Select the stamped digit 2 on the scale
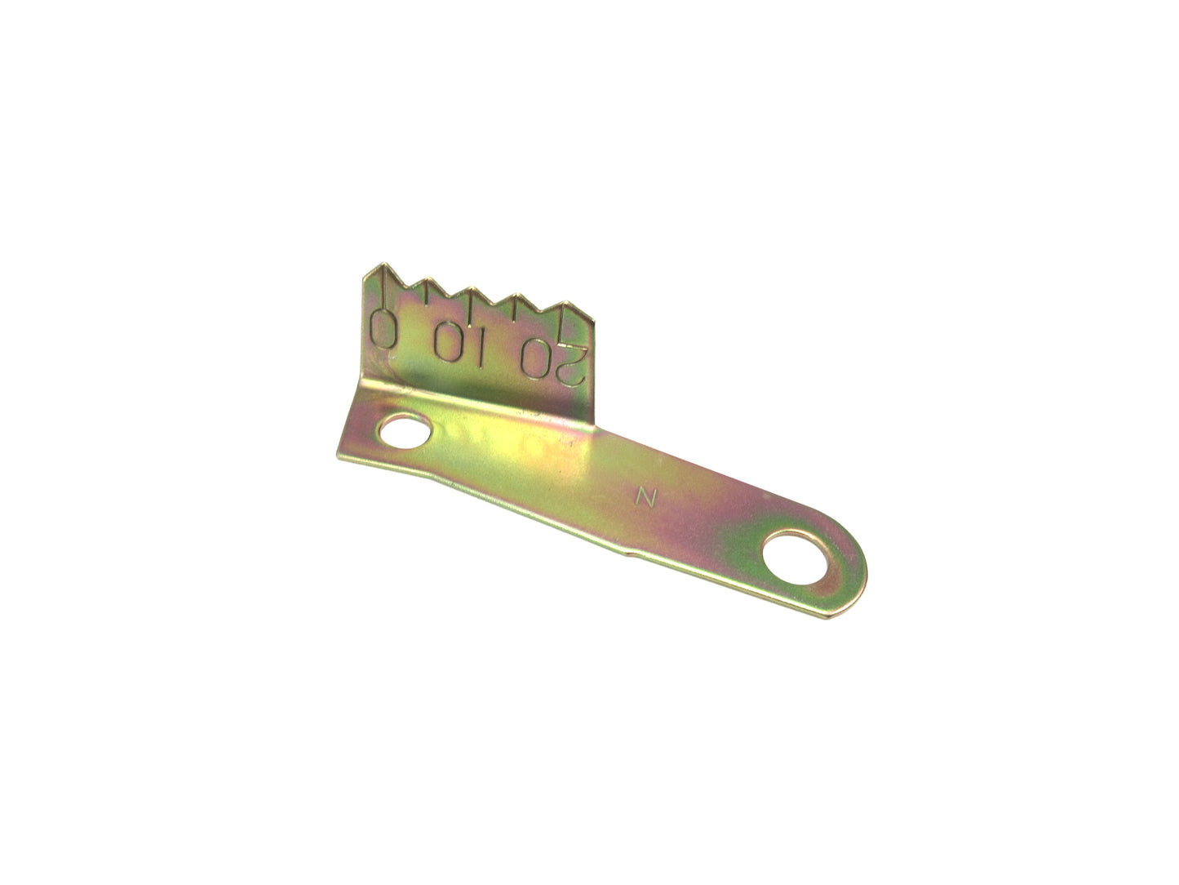(x=570, y=364)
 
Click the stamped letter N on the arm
(x=646, y=497)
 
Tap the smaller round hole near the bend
(x=405, y=430)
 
